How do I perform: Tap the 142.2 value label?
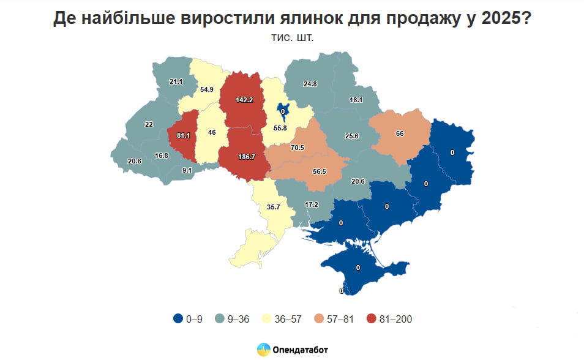(245, 99)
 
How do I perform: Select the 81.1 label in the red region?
(183, 135)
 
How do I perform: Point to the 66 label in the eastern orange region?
(400, 133)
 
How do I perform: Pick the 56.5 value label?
(320, 172)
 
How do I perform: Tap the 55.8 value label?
(281, 128)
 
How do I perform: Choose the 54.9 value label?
(207, 89)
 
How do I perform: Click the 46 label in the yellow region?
(212, 132)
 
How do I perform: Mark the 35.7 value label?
(273, 207)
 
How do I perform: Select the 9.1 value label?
(187, 171)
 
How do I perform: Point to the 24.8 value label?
(310, 84)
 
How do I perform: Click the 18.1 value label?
(356, 100)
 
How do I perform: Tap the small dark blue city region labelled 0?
(283, 110)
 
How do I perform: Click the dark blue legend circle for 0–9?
(178, 318)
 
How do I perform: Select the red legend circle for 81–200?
(371, 318)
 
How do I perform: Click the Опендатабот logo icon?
(264, 350)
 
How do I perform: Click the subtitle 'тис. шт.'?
(292, 38)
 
